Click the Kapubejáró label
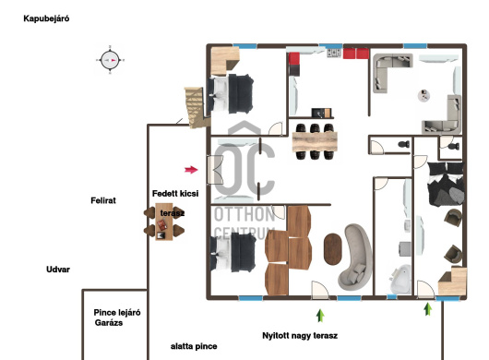click(46, 18)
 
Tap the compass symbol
click(110, 60)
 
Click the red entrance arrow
click(191, 170)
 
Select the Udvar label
click(58, 270)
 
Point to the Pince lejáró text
click(117, 313)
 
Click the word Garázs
click(109, 323)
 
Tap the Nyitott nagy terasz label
click(300, 336)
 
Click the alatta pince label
click(194, 346)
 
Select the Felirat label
click(103, 200)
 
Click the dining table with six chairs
click(315, 141)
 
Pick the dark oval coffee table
click(333, 249)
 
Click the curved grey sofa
click(355, 257)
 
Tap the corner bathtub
click(400, 279)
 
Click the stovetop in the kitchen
click(334, 53)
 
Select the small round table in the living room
click(423, 95)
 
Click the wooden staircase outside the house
click(196, 107)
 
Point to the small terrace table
click(164, 222)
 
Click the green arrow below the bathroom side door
click(428, 309)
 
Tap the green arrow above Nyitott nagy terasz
click(320, 316)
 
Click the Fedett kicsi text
click(175, 194)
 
